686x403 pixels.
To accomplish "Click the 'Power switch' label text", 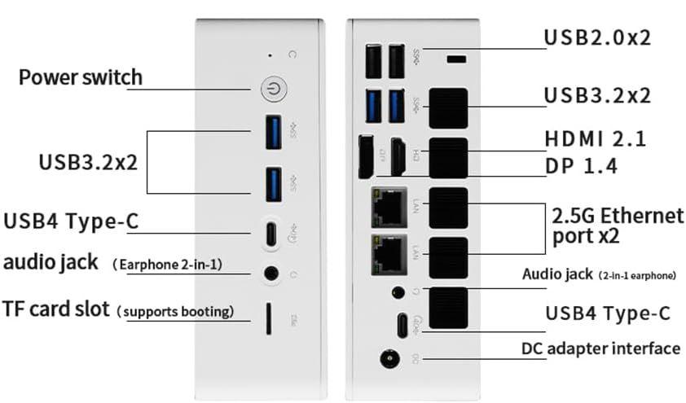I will pyautogui.click(x=80, y=78).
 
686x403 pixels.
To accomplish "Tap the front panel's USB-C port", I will pyautogui.click(x=272, y=234).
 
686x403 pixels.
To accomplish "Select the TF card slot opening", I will pyautogui.click(x=268, y=319).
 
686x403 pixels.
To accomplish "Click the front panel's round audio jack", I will pyautogui.click(x=271, y=274).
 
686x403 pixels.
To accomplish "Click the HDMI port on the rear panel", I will pyautogui.click(x=398, y=157).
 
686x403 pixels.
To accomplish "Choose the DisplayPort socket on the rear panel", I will pyautogui.click(x=367, y=156).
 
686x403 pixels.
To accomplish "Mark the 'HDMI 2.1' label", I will pyautogui.click(x=596, y=139).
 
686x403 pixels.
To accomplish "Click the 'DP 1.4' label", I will pyautogui.click(x=581, y=167).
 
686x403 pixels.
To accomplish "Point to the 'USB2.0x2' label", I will pyautogui.click(x=597, y=37).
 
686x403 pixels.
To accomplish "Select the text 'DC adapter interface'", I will pyautogui.click(x=600, y=348).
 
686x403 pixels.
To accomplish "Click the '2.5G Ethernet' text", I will pyautogui.click(x=618, y=217).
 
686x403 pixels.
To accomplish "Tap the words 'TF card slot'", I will pyautogui.click(x=55, y=309).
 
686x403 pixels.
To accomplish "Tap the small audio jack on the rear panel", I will pyautogui.click(x=398, y=291).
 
